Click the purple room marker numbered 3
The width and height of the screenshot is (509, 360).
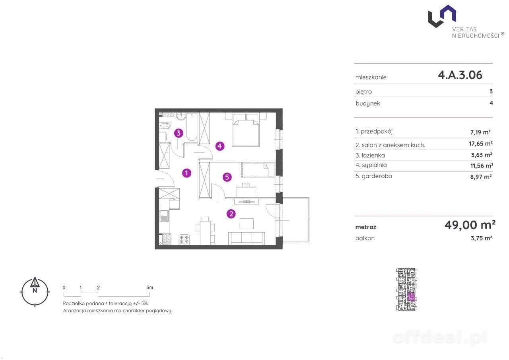point(179,133)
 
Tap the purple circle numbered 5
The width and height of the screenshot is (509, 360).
point(227,177)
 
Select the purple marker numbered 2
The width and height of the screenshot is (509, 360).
point(231,214)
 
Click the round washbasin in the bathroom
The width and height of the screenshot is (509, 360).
point(181,117)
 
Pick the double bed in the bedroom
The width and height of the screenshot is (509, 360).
point(246,130)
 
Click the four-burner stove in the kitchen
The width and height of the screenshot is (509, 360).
point(184,239)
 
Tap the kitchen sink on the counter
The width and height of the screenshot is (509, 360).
point(164,216)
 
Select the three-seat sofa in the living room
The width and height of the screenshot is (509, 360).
point(247,238)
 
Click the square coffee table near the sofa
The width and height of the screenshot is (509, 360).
point(247,224)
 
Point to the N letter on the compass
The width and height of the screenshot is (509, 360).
point(35,290)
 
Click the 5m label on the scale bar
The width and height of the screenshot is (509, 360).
point(150,288)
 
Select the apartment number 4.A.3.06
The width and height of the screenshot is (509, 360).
point(460,75)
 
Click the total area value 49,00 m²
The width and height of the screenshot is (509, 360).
point(470,225)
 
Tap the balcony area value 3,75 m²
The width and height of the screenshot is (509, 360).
point(481,238)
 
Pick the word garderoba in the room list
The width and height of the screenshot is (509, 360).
point(377,176)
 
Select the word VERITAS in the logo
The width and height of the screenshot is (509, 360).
point(464,29)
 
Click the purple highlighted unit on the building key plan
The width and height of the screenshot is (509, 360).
point(412,297)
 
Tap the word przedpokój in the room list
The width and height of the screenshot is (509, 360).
point(377,132)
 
